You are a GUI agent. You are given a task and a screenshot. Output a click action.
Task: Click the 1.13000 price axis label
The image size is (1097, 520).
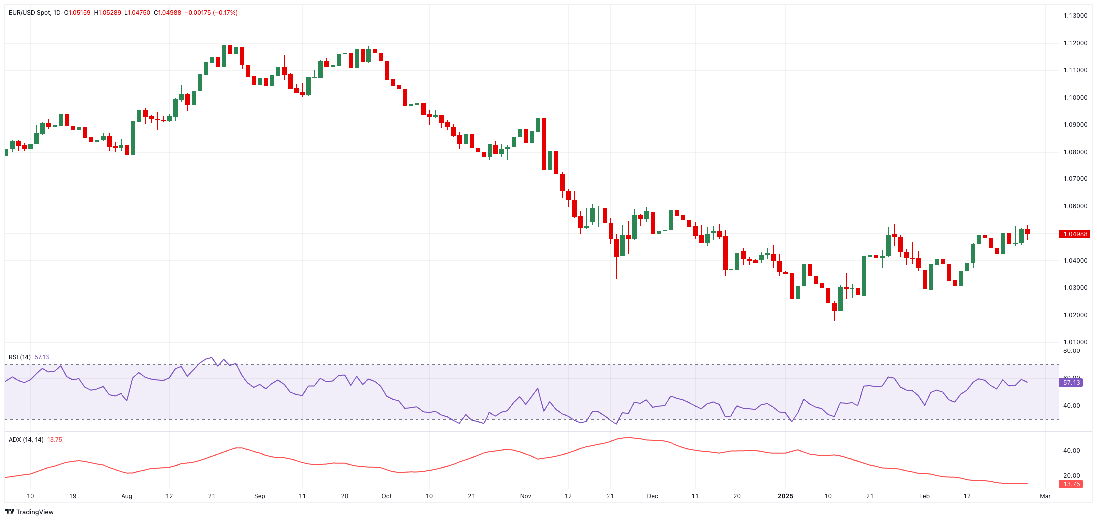(x=1075, y=16)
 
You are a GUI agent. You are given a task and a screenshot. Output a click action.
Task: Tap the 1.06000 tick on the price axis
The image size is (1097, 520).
(x=1075, y=206)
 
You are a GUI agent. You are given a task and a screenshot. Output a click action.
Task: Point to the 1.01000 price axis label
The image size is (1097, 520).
(x=1075, y=342)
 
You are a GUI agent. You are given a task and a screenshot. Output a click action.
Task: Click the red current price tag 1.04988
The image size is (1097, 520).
(x=1075, y=234)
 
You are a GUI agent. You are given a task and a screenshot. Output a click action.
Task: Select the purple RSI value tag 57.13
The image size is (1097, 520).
(x=1071, y=383)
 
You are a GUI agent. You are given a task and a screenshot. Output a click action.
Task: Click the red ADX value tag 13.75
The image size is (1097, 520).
(x=1071, y=484)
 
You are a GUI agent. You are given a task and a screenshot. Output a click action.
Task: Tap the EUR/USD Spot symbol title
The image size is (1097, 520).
(x=29, y=13)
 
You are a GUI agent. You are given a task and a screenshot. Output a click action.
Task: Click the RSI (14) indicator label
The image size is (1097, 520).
(x=20, y=357)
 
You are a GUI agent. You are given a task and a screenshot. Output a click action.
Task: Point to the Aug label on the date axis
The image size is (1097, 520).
(x=127, y=496)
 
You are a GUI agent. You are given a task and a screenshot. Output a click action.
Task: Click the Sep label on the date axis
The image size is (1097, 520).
(x=259, y=496)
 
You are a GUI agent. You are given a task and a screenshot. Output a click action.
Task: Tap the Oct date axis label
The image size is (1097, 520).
(x=386, y=496)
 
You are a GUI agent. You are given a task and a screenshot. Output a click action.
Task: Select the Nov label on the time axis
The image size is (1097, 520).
(x=525, y=496)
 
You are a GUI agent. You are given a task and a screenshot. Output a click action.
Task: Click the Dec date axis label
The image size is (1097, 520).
(x=652, y=496)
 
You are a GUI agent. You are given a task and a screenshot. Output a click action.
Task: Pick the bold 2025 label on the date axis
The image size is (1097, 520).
(x=785, y=496)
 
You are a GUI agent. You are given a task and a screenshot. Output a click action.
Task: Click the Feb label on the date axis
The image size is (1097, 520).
(x=924, y=496)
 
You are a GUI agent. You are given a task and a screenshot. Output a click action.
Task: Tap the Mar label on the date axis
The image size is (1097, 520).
(x=1045, y=496)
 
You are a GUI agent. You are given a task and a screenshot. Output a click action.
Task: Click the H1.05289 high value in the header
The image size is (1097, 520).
(x=107, y=13)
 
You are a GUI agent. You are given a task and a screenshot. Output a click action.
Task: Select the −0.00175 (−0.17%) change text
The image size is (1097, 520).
(x=211, y=13)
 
